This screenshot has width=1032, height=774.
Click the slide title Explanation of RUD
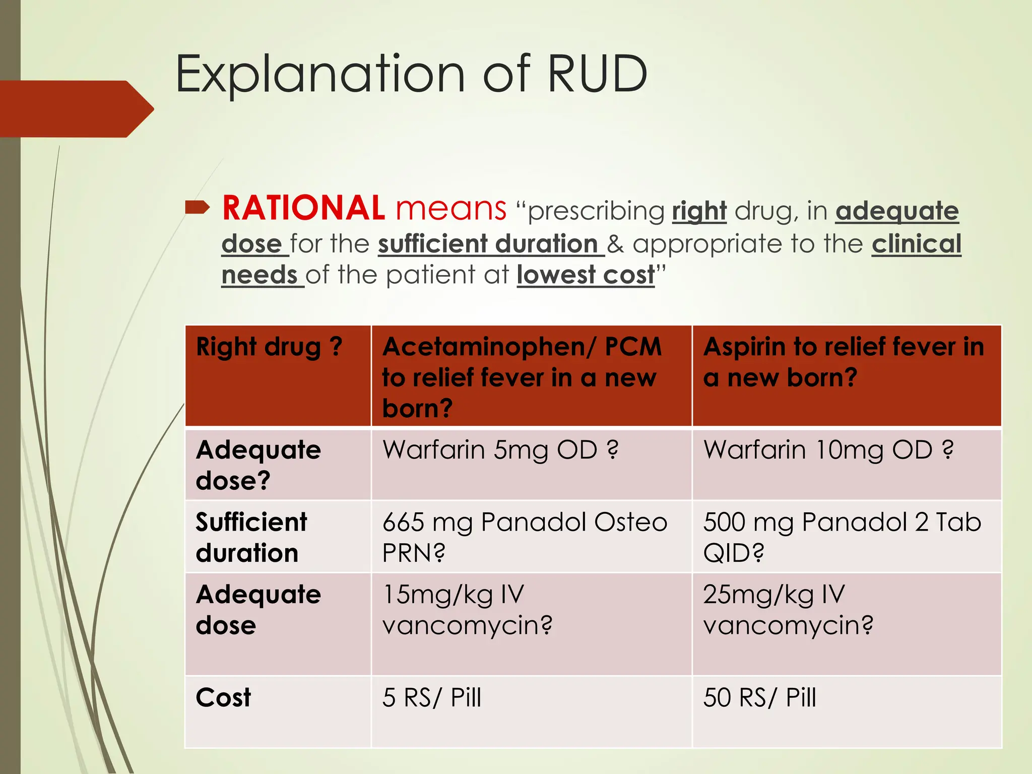tap(411, 74)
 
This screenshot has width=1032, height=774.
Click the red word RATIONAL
tap(303, 208)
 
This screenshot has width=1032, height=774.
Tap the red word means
tap(450, 208)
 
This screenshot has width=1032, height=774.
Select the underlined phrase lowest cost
tap(585, 275)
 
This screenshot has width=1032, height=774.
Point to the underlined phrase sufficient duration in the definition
tap(488, 244)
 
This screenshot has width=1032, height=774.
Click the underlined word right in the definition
tap(699, 211)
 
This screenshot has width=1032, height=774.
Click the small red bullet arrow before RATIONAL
tap(197, 207)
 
